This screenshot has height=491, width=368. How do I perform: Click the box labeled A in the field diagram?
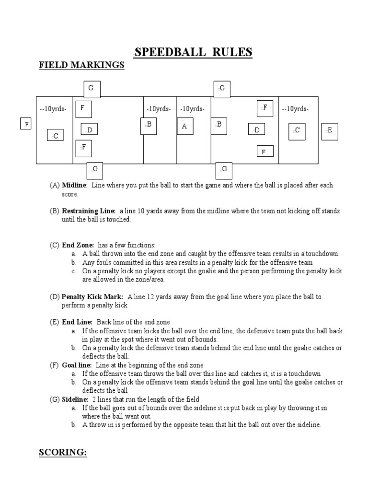click(x=184, y=126)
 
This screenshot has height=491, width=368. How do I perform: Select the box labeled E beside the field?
click(x=329, y=130)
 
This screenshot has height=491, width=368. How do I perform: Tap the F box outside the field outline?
click(x=26, y=124)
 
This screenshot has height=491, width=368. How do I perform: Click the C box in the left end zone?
click(x=55, y=136)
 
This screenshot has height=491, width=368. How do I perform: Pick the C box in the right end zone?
click(x=297, y=130)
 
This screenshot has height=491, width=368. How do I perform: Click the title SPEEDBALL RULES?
click(x=193, y=52)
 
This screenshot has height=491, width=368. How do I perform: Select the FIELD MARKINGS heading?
click(x=81, y=65)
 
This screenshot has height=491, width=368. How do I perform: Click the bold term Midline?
click(x=74, y=185)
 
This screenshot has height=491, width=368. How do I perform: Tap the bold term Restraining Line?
click(x=89, y=210)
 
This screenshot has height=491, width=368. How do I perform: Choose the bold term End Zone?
click(x=78, y=245)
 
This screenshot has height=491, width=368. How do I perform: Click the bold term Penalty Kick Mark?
click(x=92, y=297)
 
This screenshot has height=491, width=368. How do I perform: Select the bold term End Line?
click(x=78, y=322)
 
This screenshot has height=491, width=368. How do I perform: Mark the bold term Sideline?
click(x=75, y=399)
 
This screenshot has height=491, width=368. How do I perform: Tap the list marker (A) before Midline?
click(x=55, y=185)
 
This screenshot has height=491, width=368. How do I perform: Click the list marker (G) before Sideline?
click(x=55, y=399)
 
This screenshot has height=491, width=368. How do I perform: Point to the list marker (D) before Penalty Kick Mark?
click(x=55, y=297)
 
